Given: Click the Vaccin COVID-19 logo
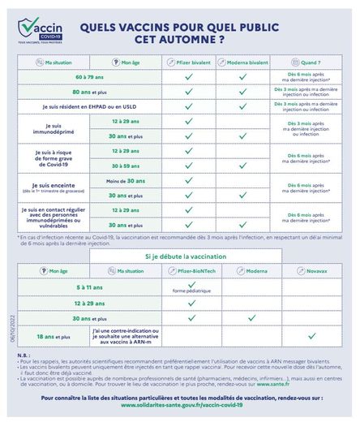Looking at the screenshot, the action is click(39, 32).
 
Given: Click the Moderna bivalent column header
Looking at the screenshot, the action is click(242, 62).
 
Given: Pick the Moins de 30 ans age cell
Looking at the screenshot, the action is click(124, 180).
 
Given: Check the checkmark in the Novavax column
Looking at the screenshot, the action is click(311, 334).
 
